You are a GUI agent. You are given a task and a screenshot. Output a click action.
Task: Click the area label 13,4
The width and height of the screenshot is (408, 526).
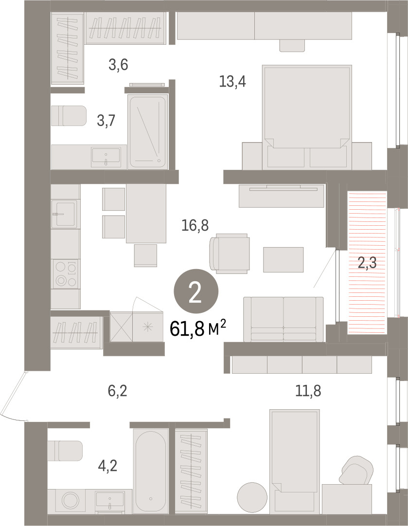(232, 82)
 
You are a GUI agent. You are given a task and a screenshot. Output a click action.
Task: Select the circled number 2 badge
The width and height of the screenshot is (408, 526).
(196, 291)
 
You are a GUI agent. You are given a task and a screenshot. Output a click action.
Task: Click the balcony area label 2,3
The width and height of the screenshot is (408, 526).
(367, 263)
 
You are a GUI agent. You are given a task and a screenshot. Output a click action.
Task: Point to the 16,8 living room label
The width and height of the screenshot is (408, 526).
(195, 225)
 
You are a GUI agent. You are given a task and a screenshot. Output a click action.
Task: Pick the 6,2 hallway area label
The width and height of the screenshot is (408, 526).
(117, 391)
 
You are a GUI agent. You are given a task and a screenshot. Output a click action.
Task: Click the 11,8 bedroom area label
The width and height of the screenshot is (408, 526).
(308, 391)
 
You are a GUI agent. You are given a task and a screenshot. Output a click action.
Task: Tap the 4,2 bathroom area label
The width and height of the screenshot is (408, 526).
(107, 466)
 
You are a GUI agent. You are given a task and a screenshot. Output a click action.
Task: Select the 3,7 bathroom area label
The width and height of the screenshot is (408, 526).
(106, 120)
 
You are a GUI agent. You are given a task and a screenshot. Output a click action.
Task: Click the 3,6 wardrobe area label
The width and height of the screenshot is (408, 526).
(118, 64)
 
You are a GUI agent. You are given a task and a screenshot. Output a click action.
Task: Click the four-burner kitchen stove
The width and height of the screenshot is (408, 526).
(65, 274)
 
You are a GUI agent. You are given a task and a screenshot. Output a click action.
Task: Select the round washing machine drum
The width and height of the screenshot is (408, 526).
(71, 502)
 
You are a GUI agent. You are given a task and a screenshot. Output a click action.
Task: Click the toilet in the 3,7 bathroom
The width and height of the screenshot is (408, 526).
(69, 116)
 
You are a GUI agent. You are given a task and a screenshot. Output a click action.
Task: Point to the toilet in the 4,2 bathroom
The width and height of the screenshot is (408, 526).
(65, 451)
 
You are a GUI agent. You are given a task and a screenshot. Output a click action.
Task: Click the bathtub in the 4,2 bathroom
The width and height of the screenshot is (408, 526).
(150, 471)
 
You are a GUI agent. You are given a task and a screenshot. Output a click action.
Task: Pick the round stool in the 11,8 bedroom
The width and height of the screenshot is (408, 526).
(252, 498)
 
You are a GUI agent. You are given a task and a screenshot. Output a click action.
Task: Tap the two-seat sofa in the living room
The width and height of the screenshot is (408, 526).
(284, 319)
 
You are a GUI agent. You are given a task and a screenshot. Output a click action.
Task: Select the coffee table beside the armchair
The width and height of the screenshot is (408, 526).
(284, 260)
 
